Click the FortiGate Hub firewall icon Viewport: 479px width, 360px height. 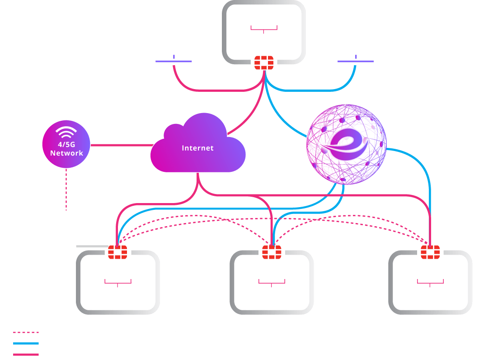tap(264, 62)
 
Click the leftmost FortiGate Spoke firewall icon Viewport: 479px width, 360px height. tap(117, 251)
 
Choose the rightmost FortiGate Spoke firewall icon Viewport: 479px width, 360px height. tap(430, 251)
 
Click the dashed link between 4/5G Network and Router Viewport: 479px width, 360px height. tap(66, 190)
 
